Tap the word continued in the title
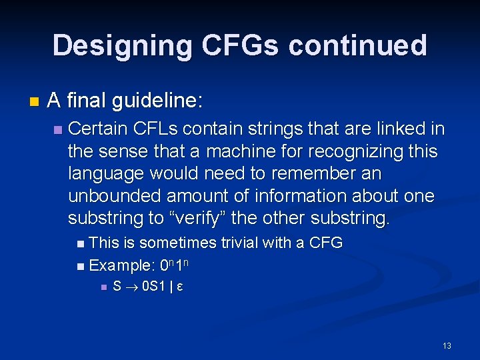point(358,46)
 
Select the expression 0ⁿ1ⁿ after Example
point(177,265)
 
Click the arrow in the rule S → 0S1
point(132,287)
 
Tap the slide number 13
point(447,345)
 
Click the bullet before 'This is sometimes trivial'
point(81,243)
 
